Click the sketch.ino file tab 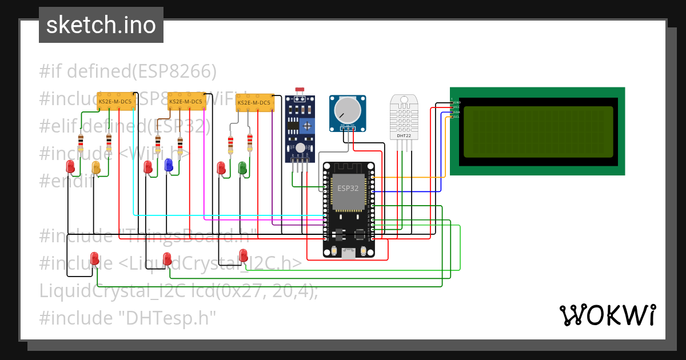(101, 25)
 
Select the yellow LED (96, 167)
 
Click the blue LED (169, 165)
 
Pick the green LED (242, 167)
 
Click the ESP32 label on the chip (348, 188)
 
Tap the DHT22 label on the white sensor (404, 136)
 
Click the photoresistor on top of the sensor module (298, 91)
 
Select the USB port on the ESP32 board (348, 253)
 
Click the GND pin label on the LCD (456, 102)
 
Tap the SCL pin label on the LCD (456, 117)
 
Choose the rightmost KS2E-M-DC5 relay (254, 103)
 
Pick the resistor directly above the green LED (250, 142)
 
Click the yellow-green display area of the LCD (537, 131)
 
